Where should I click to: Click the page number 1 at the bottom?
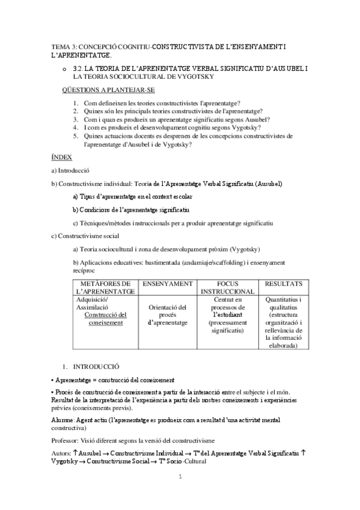[180, 477]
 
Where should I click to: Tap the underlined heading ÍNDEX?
[62, 157]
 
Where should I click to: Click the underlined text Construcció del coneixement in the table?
[105, 318]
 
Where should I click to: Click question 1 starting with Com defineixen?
[162, 103]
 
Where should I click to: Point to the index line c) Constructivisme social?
[85, 235]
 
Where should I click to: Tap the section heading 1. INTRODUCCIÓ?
[96, 366]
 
